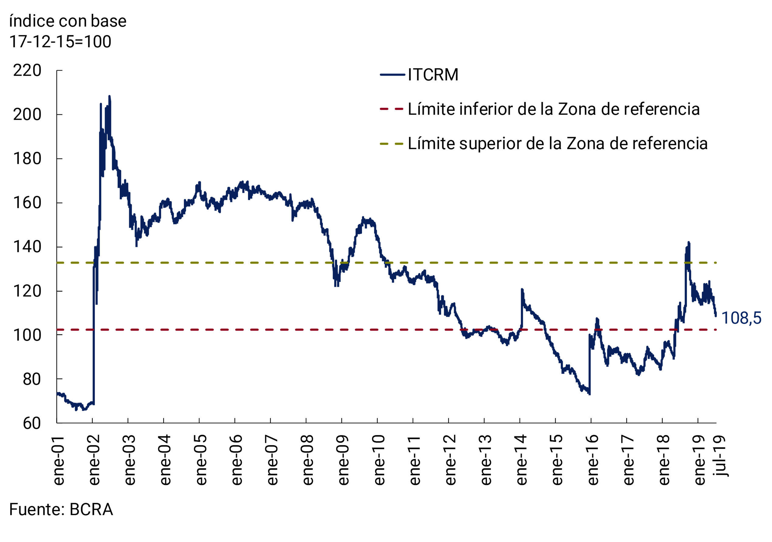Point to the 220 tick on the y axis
(27, 71)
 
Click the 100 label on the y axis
(27, 335)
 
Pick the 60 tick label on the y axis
(32, 423)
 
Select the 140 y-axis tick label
(27, 247)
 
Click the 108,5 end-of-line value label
(741, 318)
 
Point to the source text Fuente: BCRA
(61, 509)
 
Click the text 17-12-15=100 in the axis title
(60, 42)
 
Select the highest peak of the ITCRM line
(109, 96)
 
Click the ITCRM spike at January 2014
(522, 289)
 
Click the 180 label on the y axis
(27, 159)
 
